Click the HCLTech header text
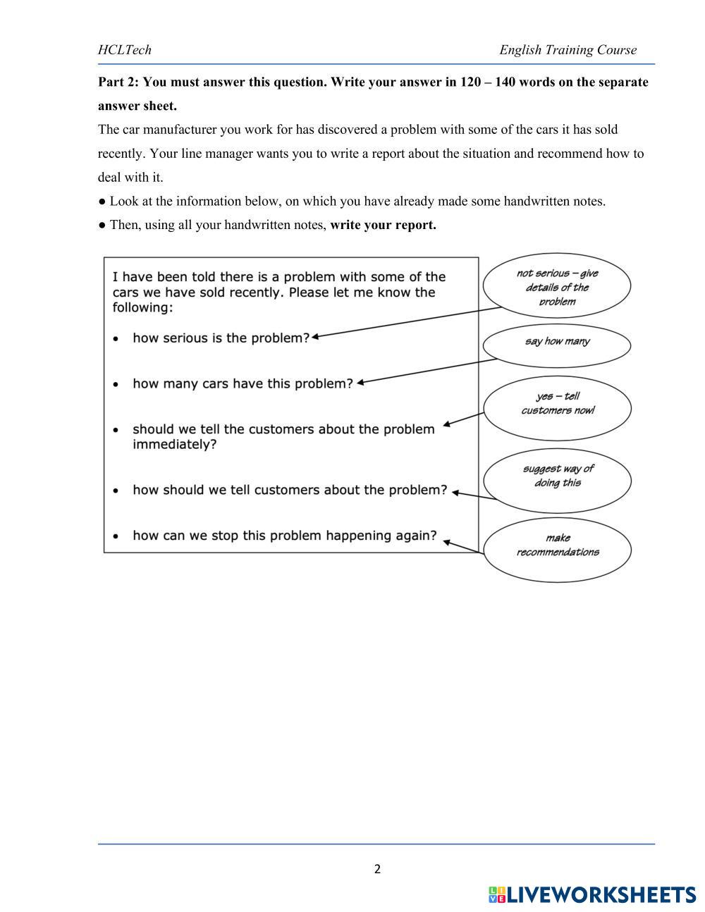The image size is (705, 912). pos(125,50)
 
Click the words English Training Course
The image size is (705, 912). pos(568,50)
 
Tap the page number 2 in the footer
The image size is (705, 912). pos(377,869)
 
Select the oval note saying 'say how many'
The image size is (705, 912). pos(557,342)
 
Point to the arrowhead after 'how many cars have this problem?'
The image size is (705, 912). pos(360,383)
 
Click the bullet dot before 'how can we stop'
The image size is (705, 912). pos(116,536)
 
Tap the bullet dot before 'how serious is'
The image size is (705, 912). pos(116,339)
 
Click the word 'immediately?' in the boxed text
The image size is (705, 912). pos(174,445)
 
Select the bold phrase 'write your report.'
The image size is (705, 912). pos(383,226)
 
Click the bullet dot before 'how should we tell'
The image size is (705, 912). pos(116,491)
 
